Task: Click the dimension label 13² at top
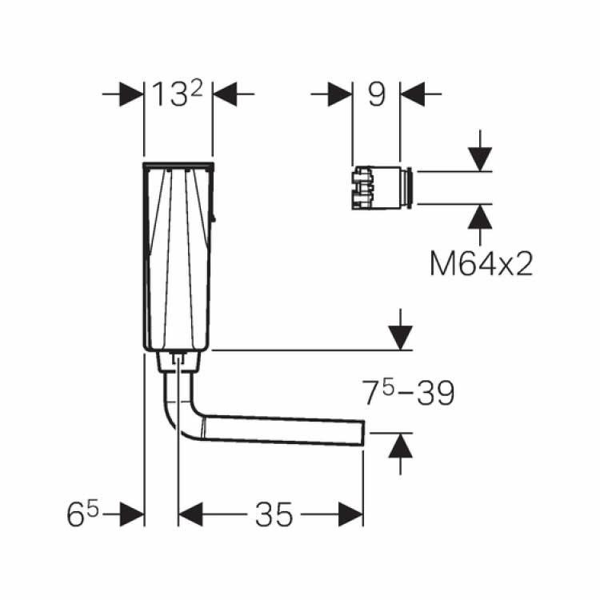178,95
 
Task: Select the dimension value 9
376,94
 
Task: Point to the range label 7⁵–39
409,393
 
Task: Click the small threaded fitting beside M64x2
382,188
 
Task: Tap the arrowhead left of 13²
131,95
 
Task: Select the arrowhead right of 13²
225,95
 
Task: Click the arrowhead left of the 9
341,95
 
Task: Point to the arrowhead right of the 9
411,95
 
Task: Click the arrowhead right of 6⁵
132,515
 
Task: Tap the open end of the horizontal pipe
363,433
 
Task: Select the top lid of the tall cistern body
178,166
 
